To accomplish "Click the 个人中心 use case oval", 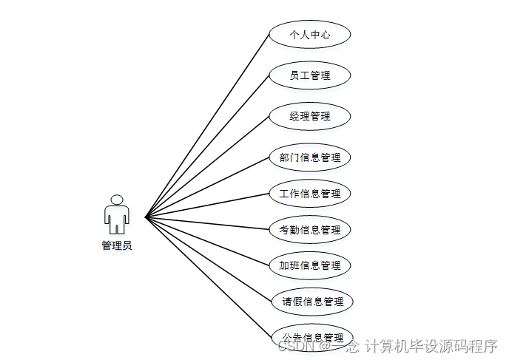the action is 309,35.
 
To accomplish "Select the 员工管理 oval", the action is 309,75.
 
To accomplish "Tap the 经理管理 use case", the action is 309,116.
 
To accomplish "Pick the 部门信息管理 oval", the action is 309,157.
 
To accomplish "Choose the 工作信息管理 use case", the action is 309,194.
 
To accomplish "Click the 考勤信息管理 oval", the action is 309,230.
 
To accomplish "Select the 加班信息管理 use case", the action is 309,265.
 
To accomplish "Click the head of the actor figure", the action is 116,200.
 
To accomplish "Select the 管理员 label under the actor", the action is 116,245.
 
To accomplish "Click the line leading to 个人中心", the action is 207,126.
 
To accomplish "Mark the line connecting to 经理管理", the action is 207,166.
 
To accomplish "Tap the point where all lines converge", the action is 146,217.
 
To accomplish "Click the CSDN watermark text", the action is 295,345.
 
